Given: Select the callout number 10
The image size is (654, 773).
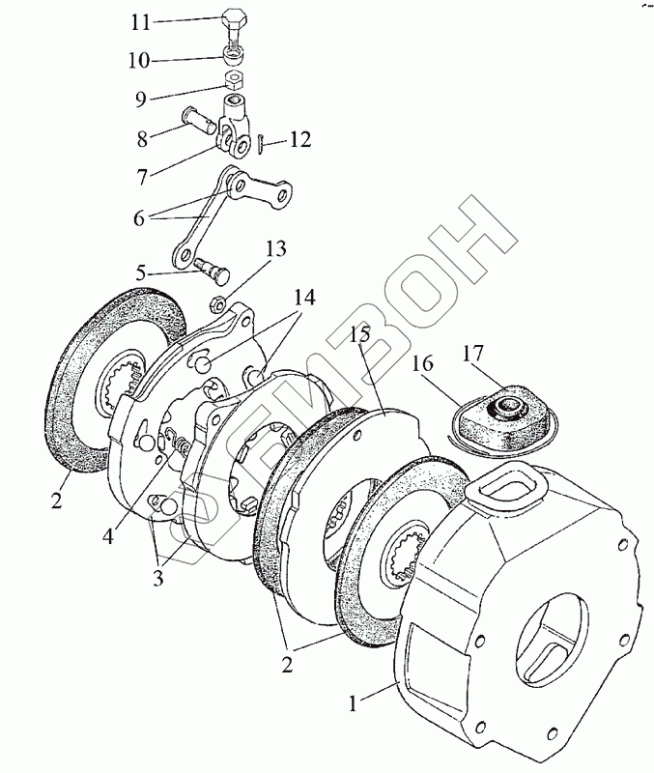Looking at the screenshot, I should (140, 60).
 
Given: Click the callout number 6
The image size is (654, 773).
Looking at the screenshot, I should (139, 218).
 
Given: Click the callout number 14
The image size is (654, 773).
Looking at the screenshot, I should (304, 298).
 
